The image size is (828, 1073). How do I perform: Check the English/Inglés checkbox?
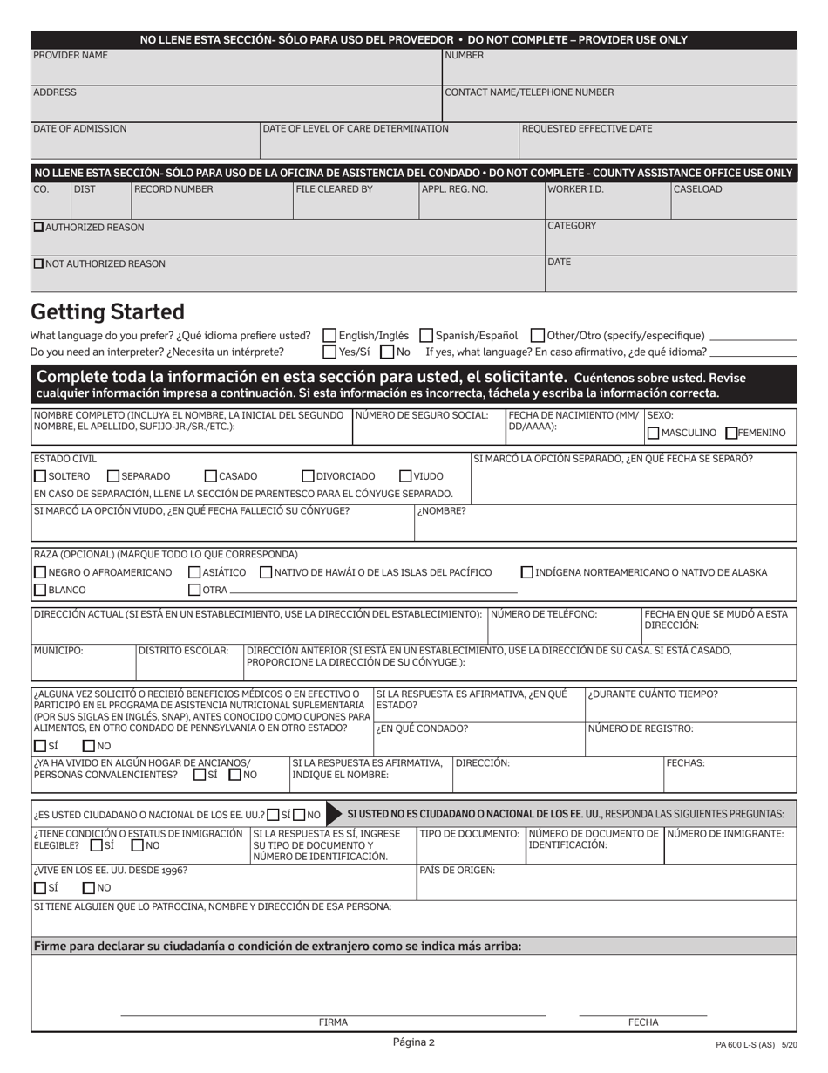coord(329,335)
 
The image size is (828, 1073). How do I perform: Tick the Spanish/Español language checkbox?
coord(426,335)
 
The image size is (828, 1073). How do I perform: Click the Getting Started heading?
coord(107,312)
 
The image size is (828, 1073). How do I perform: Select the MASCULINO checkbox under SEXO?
coord(653,433)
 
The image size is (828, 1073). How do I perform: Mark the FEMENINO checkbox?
coord(731,433)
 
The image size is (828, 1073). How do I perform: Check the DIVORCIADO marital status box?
coord(308,476)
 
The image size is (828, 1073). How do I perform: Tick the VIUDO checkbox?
coord(405,476)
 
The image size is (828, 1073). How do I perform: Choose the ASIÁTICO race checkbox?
coord(194,572)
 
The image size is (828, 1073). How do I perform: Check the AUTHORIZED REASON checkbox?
coord(38,227)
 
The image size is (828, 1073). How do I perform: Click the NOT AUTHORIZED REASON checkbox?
coord(38,263)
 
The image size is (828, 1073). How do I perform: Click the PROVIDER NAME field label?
coord(71,55)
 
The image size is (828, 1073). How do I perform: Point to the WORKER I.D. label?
coord(575,189)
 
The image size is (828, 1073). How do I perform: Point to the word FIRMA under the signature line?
coord(333,1022)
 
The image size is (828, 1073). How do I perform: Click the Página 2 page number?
coord(413,1042)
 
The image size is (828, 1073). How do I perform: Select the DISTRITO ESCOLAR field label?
coord(184,650)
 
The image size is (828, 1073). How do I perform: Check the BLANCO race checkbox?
coord(40,590)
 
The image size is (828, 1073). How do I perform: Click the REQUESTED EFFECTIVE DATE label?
coord(587,128)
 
